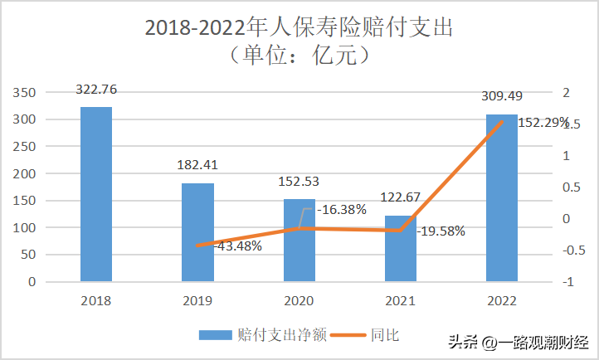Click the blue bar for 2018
pyautogui.click(x=96, y=194)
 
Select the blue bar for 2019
pyautogui.click(x=197, y=232)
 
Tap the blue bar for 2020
pyautogui.click(x=299, y=241)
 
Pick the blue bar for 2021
pyautogui.click(x=401, y=249)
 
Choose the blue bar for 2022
pyautogui.click(x=502, y=198)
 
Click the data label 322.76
pyautogui.click(x=96, y=90)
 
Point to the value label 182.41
pyautogui.click(x=197, y=165)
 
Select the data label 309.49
pyautogui.click(x=502, y=96)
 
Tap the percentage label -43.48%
pyautogui.click(x=237, y=246)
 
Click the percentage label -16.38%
pyautogui.click(x=342, y=210)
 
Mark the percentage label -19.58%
pyautogui.click(x=441, y=231)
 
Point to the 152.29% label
pyautogui.click(x=543, y=123)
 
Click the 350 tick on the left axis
pyautogui.click(x=24, y=92)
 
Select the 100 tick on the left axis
pyautogui.click(x=24, y=227)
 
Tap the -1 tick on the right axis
pyautogui.click(x=568, y=282)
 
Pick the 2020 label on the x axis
pyautogui.click(x=299, y=301)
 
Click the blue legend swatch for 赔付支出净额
pyautogui.click(x=216, y=335)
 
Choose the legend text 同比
pyautogui.click(x=385, y=335)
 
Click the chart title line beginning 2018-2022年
pyautogui.click(x=299, y=27)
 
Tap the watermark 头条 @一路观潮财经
pyautogui.click(x=519, y=342)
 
